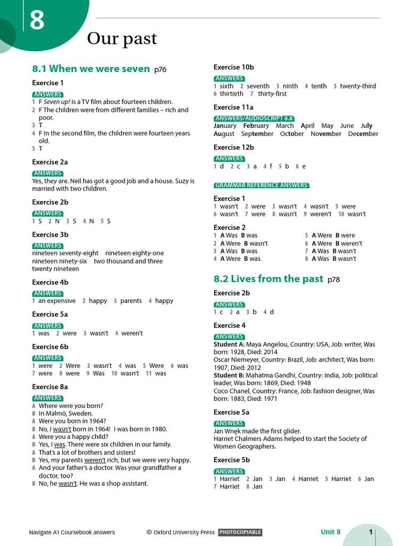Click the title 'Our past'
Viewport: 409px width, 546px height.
(122, 38)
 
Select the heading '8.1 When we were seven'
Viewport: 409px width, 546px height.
(91, 69)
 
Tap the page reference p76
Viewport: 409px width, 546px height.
(160, 70)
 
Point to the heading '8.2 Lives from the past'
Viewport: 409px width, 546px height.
(268, 279)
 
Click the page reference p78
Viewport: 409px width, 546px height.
(334, 279)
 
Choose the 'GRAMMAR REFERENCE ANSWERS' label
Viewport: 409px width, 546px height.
(261, 186)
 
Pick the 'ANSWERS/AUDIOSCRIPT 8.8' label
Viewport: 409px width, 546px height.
(254, 118)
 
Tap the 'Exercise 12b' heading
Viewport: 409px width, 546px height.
(234, 147)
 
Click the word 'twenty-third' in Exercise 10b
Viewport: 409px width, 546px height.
(358, 86)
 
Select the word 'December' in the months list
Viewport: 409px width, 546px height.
(363, 134)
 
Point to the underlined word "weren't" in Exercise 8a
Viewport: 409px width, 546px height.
(95, 460)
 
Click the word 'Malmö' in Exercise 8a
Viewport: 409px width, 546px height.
(55, 413)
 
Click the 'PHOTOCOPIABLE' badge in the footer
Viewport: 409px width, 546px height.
(240, 532)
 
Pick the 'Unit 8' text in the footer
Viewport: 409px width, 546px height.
(331, 532)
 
